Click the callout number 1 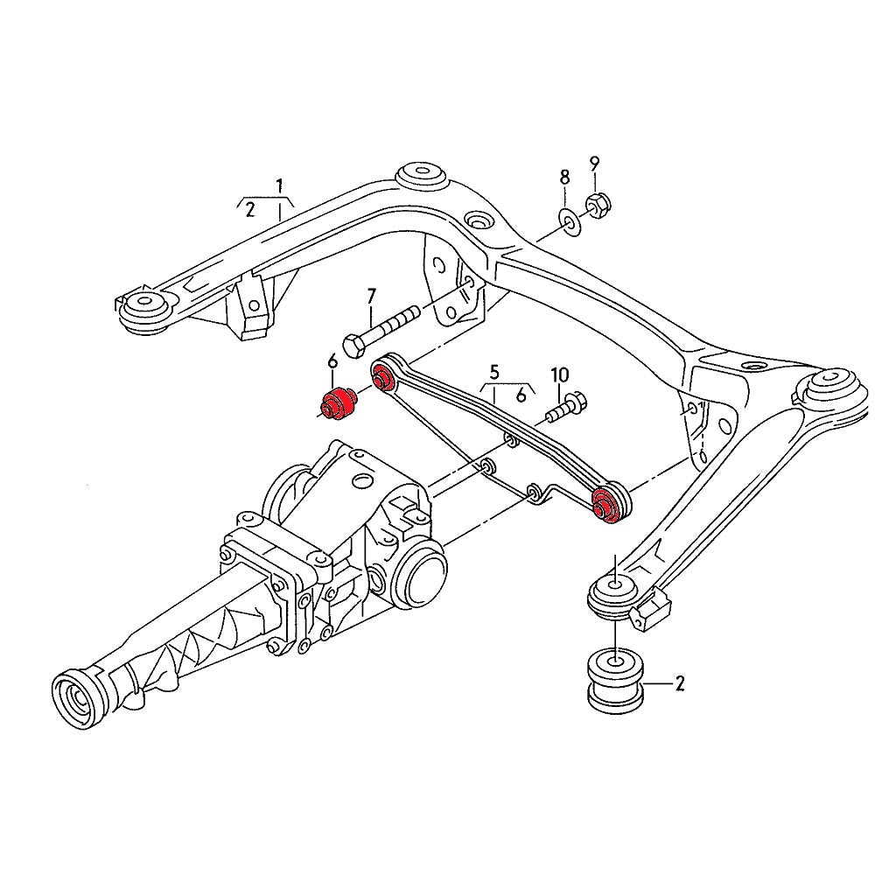(279, 185)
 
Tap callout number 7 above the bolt (370, 295)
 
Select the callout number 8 (564, 178)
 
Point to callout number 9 (594, 162)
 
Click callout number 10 (559, 375)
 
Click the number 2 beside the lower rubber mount (679, 682)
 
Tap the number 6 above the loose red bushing (332, 362)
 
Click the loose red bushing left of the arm (337, 403)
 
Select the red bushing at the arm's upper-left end (382, 379)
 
